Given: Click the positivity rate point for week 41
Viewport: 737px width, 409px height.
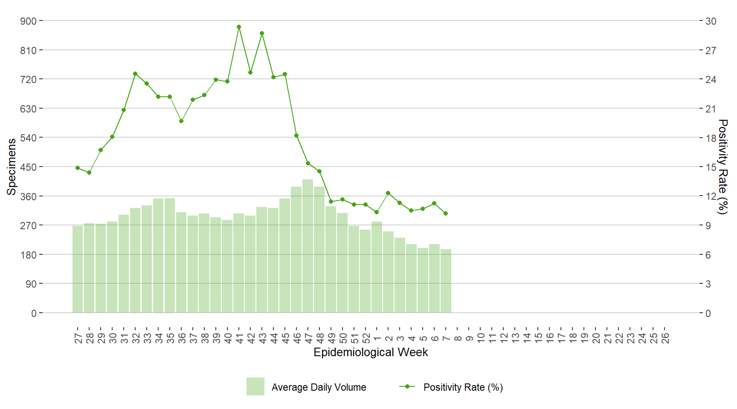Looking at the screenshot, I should pyautogui.click(x=239, y=27).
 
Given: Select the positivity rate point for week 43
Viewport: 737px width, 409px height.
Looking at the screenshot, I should pyautogui.click(x=262, y=33).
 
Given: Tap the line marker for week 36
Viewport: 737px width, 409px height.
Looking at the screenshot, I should pyautogui.click(x=181, y=121).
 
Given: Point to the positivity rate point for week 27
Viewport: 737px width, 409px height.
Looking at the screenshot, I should pyautogui.click(x=78, y=168).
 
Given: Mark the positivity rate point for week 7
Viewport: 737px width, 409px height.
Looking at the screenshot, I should pyautogui.click(x=446, y=213).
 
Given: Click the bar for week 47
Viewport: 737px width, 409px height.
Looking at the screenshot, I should pyautogui.click(x=308, y=246).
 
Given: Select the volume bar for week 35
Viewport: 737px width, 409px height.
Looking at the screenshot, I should pyautogui.click(x=170, y=255).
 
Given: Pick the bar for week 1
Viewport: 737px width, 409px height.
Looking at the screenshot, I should pyautogui.click(x=377, y=267).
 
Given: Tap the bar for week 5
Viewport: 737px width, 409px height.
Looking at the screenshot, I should pyautogui.click(x=423, y=280).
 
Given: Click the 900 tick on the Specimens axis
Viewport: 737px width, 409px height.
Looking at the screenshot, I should pyautogui.click(x=28, y=21).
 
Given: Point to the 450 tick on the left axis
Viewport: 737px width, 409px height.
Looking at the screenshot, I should pyautogui.click(x=28, y=167).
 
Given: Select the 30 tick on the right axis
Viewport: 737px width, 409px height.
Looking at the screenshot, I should pyautogui.click(x=711, y=21).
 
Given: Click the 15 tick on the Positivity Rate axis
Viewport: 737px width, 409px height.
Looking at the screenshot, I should pyautogui.click(x=711, y=167).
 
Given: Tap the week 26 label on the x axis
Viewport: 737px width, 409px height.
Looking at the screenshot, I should pyautogui.click(x=665, y=338).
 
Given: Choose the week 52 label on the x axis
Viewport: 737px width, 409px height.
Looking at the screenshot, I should pyautogui.click(x=366, y=338).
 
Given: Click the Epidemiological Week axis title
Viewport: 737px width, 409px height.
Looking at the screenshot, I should pyautogui.click(x=371, y=352).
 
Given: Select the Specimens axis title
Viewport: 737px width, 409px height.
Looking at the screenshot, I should pyautogui.click(x=12, y=167).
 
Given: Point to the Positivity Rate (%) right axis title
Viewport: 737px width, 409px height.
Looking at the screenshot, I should pyautogui.click(x=722, y=167).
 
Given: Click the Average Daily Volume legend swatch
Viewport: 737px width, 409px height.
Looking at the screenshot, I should pyautogui.click(x=255, y=386).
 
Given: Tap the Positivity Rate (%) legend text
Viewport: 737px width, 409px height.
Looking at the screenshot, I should pyautogui.click(x=463, y=387).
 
